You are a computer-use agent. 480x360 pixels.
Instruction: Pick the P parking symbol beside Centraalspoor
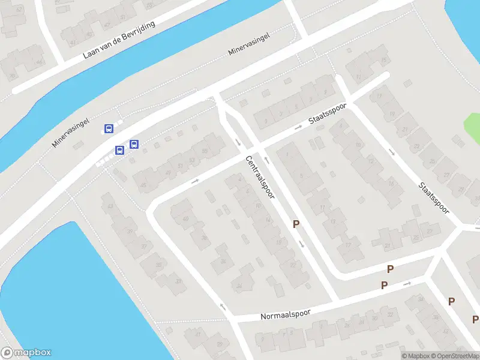pyautogui.click(x=296, y=224)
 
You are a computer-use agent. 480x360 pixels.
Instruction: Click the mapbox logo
pyautogui.click(x=26, y=353)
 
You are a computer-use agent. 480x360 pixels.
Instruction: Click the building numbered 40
pyautogui.click(x=185, y=219)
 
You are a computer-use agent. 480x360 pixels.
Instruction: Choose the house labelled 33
pyautogui.click(x=178, y=281)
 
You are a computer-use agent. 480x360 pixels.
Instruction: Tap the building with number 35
pyautogui.click(x=159, y=265)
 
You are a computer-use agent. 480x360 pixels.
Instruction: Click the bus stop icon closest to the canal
pyautogui.click(x=109, y=128)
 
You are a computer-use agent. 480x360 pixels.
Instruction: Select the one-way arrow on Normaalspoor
pyautogui.click(x=408, y=283)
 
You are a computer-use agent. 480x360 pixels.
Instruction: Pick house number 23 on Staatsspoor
pyautogui.click(x=415, y=146)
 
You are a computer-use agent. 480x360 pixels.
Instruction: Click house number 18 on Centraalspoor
pyautogui.click(x=278, y=242)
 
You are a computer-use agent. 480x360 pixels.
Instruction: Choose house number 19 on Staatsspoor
pyautogui.click(x=392, y=114)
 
